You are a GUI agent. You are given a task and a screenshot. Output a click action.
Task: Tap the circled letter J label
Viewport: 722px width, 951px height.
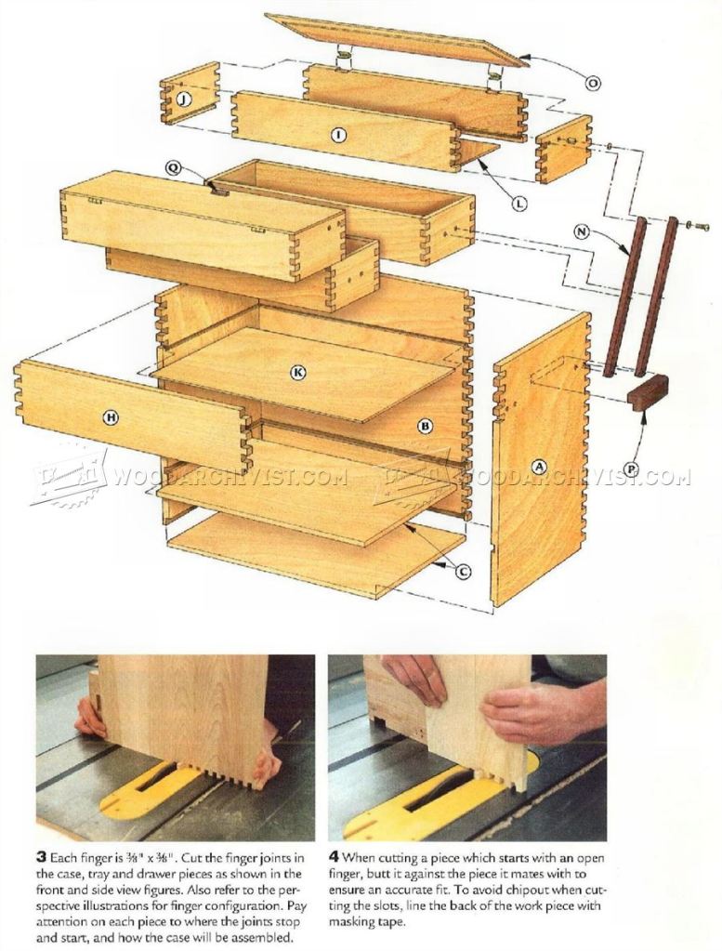182,99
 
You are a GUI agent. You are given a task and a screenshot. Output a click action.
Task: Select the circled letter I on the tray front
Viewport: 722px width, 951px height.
337,135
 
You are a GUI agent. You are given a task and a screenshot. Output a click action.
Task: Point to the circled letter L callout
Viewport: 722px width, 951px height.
519,204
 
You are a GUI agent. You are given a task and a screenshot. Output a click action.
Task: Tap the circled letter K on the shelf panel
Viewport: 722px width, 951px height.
297,373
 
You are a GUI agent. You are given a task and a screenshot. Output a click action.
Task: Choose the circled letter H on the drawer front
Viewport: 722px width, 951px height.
111,417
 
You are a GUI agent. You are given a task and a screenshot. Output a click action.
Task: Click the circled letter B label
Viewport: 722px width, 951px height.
426,426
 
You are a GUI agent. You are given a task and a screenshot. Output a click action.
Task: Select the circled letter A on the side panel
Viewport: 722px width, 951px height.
538,466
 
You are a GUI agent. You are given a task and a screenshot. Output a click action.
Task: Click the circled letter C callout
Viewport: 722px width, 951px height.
463,571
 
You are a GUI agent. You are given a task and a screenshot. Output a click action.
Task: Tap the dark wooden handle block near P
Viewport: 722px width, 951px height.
648,393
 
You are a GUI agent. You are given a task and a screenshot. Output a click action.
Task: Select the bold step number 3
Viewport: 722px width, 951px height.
41,858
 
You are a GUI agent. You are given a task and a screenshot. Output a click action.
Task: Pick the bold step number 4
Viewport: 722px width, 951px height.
334,858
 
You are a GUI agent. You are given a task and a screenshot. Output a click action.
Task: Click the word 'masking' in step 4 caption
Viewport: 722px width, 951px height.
353,922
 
